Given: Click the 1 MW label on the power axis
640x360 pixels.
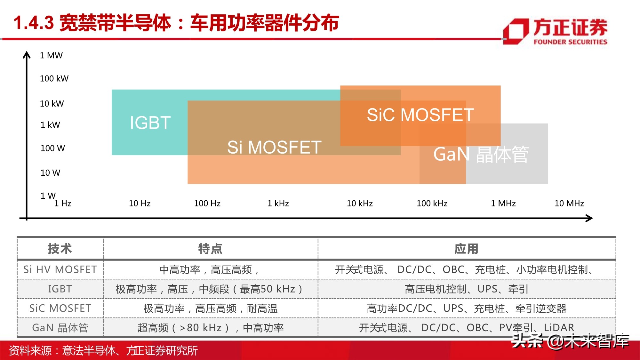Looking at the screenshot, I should (x=51, y=55).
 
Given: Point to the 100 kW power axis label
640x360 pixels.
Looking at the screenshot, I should (x=54, y=79).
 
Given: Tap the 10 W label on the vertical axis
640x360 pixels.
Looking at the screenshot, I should (x=50, y=173).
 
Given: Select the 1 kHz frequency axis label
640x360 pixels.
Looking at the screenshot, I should (x=278, y=204).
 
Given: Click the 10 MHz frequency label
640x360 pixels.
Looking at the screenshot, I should (x=569, y=204).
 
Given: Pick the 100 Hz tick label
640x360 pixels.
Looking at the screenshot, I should (x=207, y=204).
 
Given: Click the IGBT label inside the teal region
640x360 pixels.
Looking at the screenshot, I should (x=150, y=123).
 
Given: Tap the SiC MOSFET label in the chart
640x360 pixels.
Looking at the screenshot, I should (x=420, y=115).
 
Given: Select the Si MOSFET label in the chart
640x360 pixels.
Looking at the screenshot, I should (x=274, y=148).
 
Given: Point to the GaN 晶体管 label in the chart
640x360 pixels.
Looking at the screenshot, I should (x=481, y=154).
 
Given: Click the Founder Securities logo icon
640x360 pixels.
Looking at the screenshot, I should (x=516, y=31).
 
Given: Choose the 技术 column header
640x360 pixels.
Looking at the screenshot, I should (x=60, y=249).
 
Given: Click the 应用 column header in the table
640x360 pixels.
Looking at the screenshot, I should (x=467, y=249).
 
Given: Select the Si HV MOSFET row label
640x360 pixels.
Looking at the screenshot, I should (x=60, y=270).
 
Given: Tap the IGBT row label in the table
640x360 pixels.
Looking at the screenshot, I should (x=60, y=289).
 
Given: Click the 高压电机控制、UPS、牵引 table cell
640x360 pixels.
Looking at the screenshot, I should (x=467, y=289).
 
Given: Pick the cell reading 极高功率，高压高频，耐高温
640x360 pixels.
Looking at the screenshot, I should (x=211, y=308).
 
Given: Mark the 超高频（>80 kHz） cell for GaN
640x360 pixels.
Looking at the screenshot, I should (x=211, y=328).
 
